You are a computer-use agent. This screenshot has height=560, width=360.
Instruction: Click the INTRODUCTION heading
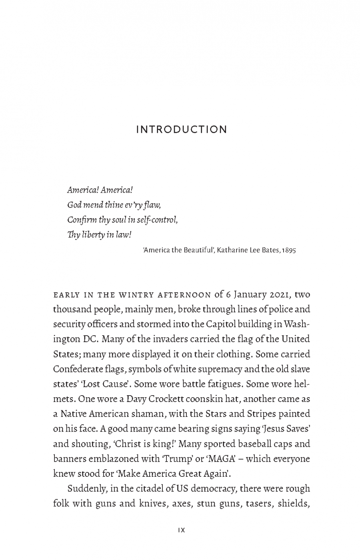182,130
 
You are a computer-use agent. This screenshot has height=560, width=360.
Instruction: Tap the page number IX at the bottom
181,530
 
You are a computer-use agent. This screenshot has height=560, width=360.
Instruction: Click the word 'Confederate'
75,369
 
